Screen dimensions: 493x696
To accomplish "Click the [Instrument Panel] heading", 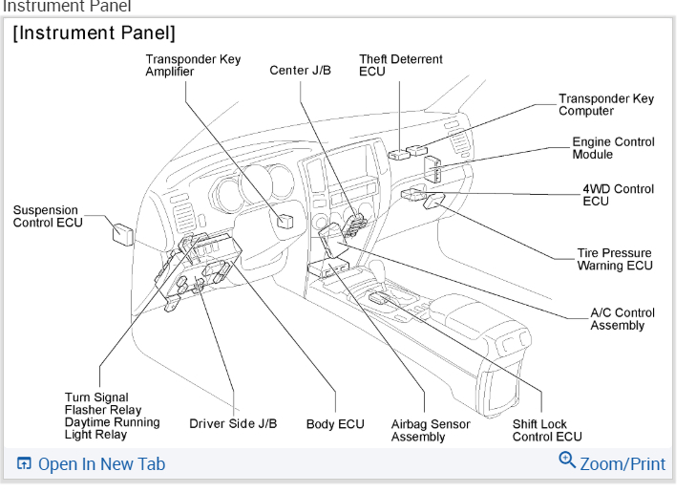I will pos(94,34).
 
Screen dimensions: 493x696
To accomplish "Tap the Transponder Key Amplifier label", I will pos(193,65).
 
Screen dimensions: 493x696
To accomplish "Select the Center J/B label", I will pos(300,71).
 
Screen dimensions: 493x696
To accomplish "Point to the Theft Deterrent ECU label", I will pos(400,65).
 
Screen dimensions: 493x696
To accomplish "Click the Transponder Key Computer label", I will pos(606,104).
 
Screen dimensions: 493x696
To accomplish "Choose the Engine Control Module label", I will pos(613,147).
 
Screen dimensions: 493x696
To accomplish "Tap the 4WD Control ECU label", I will pos(618,195).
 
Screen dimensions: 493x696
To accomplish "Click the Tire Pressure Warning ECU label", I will pos(614,259).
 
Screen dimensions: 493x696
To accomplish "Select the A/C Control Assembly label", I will pos(622,318).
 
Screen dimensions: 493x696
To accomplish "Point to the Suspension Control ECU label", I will pos(48,216).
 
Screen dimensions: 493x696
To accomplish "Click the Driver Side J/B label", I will pos(233,423).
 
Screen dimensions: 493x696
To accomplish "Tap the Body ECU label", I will pos(335,423).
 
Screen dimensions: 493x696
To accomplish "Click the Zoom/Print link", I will pos(622,464).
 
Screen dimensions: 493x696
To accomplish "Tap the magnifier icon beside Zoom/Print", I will pos(567,462).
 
